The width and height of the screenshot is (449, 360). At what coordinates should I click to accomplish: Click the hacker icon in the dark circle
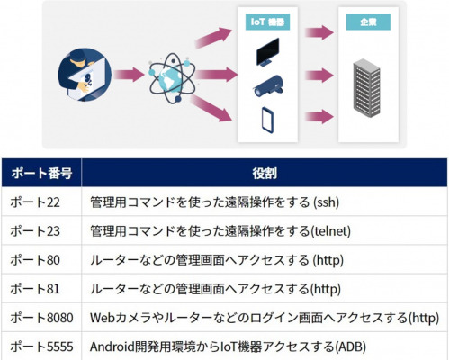pyautogui.click(x=85, y=75)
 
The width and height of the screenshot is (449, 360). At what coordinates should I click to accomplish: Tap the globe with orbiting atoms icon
pyautogui.click(x=172, y=77)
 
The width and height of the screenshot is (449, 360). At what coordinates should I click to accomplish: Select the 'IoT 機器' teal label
pyautogui.click(x=267, y=22)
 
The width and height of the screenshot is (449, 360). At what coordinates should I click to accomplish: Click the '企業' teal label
pyautogui.click(x=368, y=22)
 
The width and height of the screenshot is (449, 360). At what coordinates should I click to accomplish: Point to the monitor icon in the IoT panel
pyautogui.click(x=267, y=52)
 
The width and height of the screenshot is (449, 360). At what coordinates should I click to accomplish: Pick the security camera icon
pyautogui.click(x=268, y=86)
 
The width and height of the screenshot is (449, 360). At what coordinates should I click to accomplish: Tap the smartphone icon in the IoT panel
pyautogui.click(x=267, y=120)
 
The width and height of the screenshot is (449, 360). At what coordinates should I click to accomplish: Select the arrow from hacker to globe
pyautogui.click(x=130, y=75)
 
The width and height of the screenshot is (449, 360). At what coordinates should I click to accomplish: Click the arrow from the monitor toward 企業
pyautogui.click(x=319, y=32)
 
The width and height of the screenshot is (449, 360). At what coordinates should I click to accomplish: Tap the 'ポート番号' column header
pyautogui.click(x=41, y=173)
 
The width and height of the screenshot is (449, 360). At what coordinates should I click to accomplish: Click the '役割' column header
pyautogui.click(x=265, y=173)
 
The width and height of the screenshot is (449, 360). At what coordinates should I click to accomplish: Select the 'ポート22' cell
pyautogui.click(x=35, y=202)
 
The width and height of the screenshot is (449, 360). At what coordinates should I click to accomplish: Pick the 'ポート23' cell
pyautogui.click(x=35, y=231)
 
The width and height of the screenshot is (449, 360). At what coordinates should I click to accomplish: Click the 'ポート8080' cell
pyautogui.click(x=41, y=318)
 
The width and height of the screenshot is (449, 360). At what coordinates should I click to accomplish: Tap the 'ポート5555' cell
pyautogui.click(x=41, y=346)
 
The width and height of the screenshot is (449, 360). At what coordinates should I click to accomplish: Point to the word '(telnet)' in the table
pyautogui.click(x=330, y=231)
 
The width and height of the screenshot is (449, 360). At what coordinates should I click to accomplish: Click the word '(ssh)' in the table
pyautogui.click(x=326, y=202)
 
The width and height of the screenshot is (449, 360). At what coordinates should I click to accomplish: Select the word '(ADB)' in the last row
pyautogui.click(x=350, y=346)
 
